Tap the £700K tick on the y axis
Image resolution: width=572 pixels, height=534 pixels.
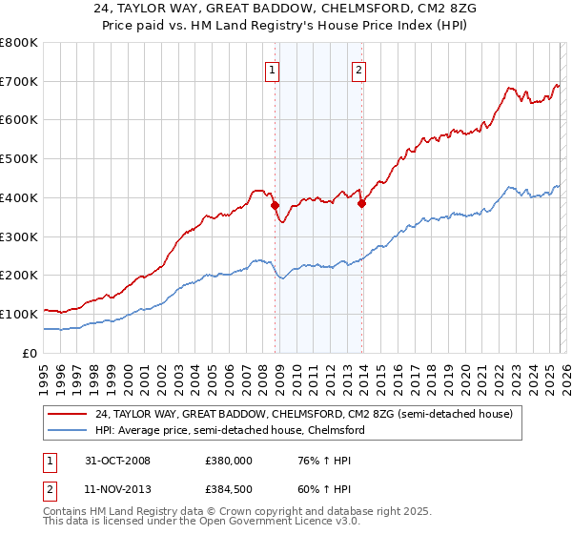(x=19, y=81)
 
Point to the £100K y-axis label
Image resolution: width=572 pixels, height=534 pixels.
(x=19, y=314)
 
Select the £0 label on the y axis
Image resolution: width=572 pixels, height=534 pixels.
(x=31, y=353)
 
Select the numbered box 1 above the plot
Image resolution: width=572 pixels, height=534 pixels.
(x=273, y=69)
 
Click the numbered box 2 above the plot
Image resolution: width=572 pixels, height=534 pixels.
(x=358, y=69)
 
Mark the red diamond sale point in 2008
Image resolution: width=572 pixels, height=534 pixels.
(x=276, y=205)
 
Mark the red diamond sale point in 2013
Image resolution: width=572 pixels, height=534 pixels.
(x=362, y=202)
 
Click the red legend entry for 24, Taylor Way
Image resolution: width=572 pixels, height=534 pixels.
(x=305, y=414)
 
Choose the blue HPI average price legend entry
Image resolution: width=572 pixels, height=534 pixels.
(x=229, y=430)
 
